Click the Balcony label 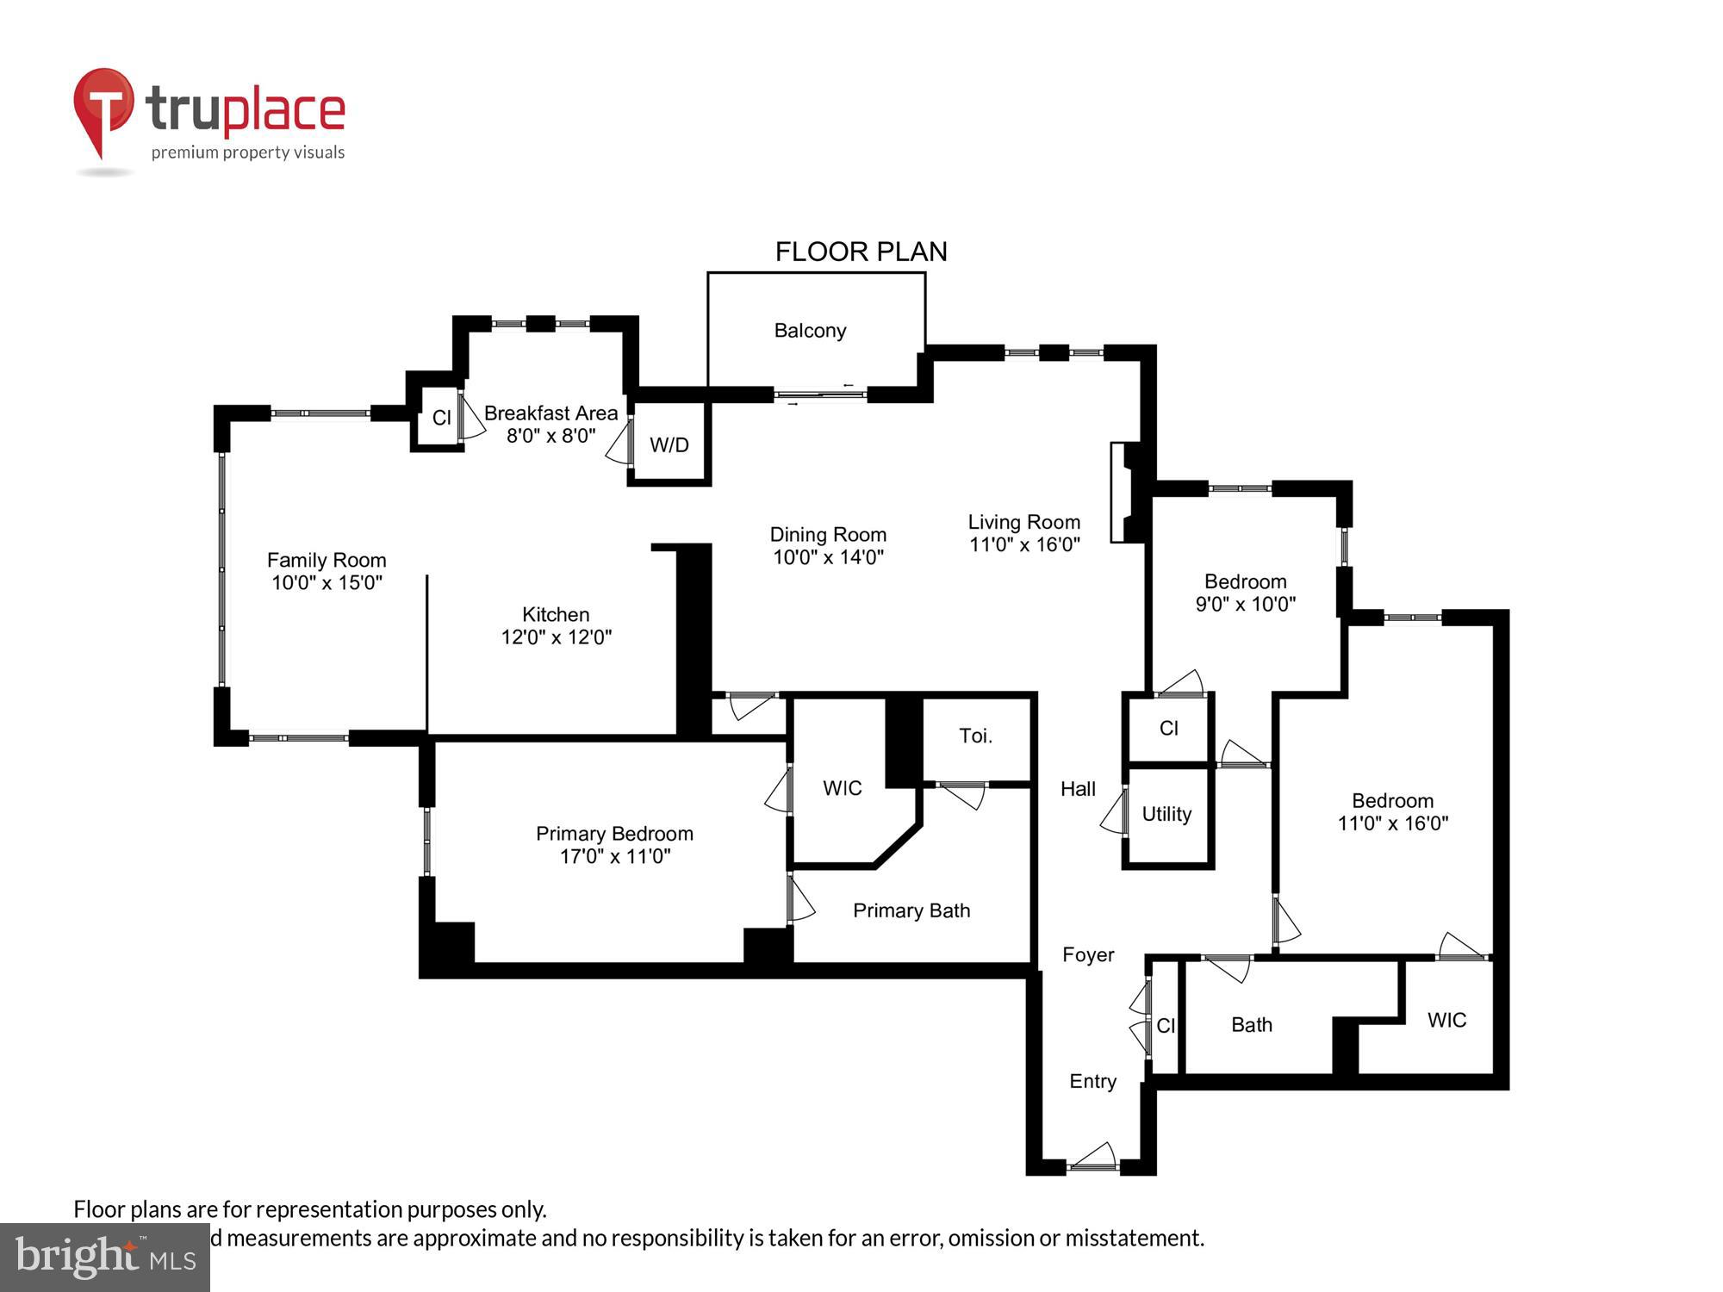coord(810,331)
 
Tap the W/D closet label coord(669,445)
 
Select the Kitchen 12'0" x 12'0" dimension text coord(557,637)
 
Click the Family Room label coord(327,561)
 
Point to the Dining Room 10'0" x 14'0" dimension coord(828,557)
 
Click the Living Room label coord(1023,522)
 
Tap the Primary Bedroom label coord(614,834)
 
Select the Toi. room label coord(975,736)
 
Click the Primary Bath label coord(911,910)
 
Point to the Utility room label coord(1166,814)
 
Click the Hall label coord(1078,789)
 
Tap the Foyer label coord(1088,954)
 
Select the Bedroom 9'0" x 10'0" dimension coord(1245,605)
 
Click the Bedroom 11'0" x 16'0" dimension coord(1392,823)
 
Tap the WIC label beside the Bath coord(1446,1021)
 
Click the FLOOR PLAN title coord(861,252)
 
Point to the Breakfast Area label coord(550,413)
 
